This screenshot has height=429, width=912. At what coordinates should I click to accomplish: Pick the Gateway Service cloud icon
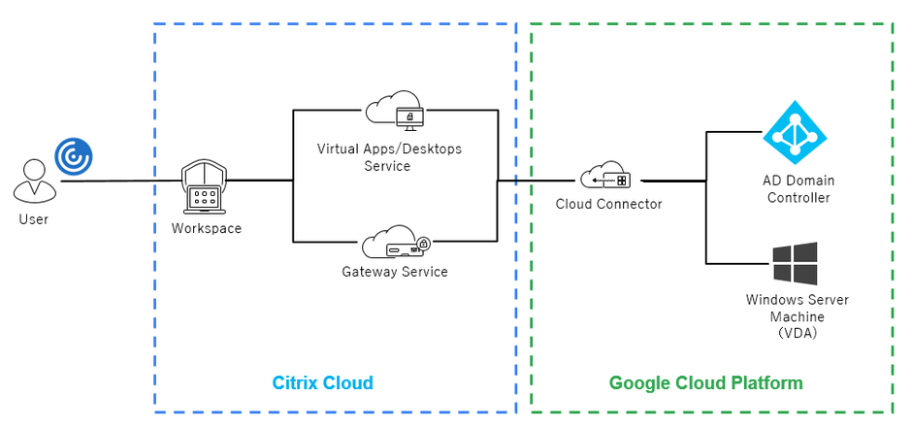(393, 244)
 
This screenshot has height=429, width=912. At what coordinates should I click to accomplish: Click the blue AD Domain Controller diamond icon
(795, 132)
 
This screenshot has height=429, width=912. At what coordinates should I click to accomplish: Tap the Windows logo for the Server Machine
(795, 263)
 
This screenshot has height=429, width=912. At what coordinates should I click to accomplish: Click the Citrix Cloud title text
(322, 383)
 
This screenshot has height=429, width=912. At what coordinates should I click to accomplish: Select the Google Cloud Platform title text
(705, 383)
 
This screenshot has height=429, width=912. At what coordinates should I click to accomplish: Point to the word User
(33, 219)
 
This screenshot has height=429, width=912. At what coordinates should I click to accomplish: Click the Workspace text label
(206, 228)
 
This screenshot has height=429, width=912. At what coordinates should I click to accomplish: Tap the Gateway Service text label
(394, 272)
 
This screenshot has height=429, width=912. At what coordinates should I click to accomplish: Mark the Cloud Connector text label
(608, 204)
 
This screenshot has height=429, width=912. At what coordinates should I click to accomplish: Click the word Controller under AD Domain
(797, 198)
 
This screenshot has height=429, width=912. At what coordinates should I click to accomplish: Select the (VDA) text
(798, 334)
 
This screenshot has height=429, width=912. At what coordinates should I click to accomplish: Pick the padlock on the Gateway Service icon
(424, 244)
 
